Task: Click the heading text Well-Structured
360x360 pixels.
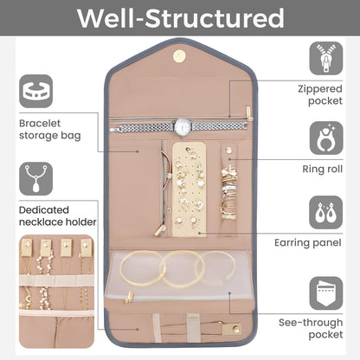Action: (181, 18)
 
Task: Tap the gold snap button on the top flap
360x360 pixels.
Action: (179, 55)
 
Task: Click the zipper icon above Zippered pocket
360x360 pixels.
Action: (326, 59)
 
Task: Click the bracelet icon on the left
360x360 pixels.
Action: (36, 91)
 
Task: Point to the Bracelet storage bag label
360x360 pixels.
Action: (49, 130)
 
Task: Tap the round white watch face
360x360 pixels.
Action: (183, 126)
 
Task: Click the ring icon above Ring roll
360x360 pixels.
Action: (326, 138)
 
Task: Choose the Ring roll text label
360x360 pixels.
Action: (323, 169)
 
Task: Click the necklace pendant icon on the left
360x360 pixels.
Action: (36, 178)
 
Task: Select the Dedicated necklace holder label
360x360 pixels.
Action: (58, 216)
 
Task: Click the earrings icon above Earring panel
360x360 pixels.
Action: (326, 213)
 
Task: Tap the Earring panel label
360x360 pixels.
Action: (308, 243)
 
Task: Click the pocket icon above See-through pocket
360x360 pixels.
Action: (326, 293)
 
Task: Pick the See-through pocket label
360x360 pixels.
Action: (311, 329)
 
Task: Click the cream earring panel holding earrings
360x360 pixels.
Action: (189, 190)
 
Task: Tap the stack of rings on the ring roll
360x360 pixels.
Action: (229, 193)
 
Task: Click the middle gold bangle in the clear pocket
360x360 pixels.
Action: (183, 269)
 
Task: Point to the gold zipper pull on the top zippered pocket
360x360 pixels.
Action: (249, 113)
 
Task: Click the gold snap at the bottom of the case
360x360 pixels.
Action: (236, 328)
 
